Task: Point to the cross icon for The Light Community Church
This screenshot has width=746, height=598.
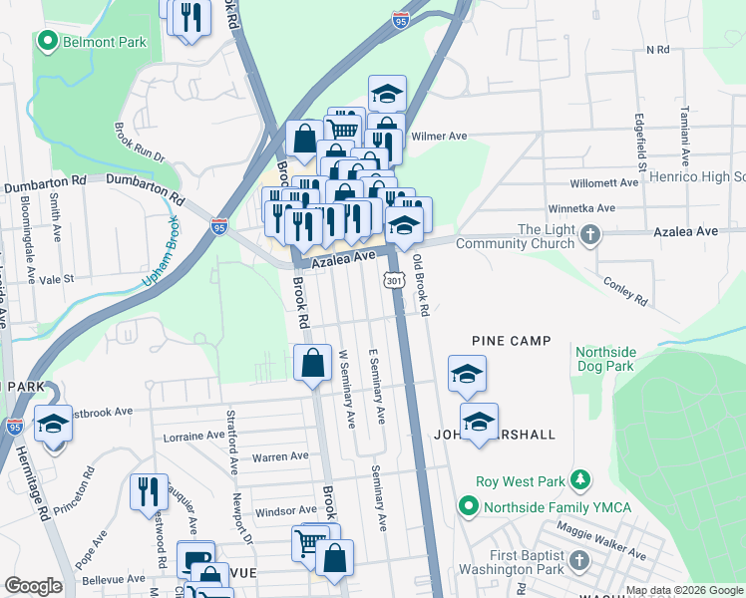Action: (591, 237)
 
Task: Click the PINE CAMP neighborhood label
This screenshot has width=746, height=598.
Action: (512, 341)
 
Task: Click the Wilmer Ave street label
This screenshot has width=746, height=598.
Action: (439, 136)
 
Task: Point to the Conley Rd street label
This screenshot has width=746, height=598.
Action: (625, 289)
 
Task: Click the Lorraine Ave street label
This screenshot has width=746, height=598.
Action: (194, 436)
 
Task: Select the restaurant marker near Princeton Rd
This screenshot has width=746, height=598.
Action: (149, 491)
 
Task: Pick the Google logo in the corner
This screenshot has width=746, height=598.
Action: (33, 586)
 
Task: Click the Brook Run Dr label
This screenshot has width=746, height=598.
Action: (138, 143)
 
